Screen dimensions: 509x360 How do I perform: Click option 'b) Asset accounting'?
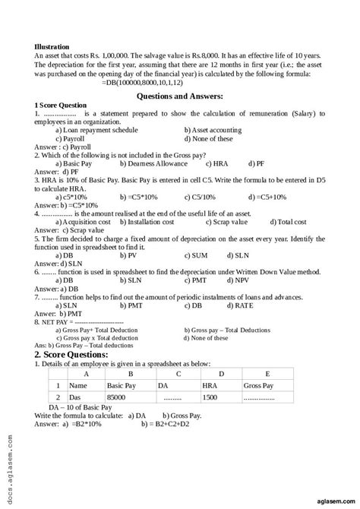click(x=216, y=131)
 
